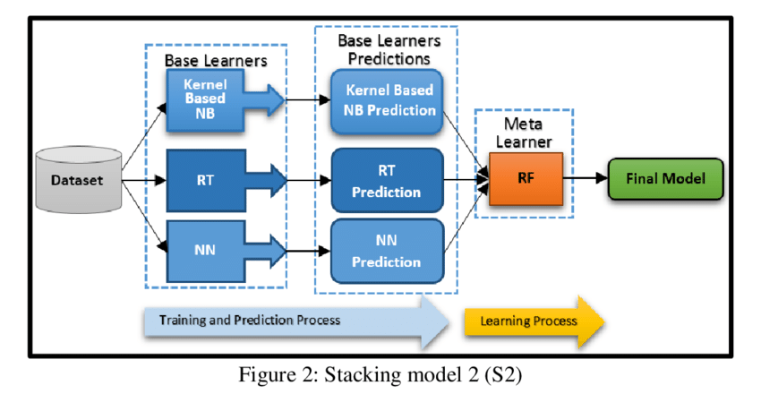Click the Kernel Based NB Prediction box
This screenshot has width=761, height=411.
tap(389, 100)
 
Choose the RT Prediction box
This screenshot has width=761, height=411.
tap(388, 179)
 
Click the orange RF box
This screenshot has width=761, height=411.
tap(526, 178)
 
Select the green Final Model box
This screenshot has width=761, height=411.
tap(666, 178)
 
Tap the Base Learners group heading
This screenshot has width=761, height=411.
tap(216, 60)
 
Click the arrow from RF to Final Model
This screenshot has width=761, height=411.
tap(585, 178)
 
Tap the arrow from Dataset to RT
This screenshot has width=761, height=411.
tap(144, 180)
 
